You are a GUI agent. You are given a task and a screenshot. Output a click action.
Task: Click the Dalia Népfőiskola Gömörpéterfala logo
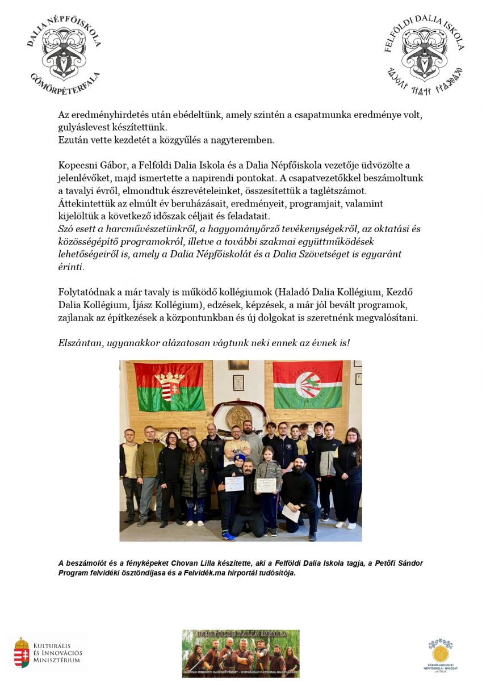(64, 55)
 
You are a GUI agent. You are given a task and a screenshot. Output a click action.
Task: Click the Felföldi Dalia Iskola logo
(424, 56)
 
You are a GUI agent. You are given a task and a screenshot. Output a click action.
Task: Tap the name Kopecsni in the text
(78, 165)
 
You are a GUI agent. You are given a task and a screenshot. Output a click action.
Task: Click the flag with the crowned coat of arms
(169, 386)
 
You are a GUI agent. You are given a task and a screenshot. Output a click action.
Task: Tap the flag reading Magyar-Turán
(308, 385)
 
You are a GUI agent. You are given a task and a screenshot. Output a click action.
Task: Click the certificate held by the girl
(266, 485)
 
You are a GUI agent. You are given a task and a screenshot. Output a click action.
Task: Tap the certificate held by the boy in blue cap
(234, 484)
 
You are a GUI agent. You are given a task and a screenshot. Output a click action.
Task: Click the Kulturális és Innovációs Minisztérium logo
(48, 653)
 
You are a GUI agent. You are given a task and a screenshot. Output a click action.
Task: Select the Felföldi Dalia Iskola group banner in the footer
(241, 653)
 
